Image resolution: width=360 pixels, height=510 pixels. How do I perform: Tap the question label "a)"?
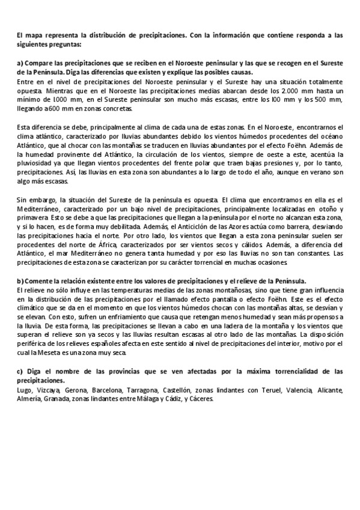click(x=20, y=63)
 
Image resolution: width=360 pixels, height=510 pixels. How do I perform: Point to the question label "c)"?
click(x=20, y=370)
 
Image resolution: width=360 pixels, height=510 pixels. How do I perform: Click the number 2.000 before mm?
click(x=293, y=90)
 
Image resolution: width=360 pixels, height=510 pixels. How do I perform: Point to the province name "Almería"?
click(x=29, y=399)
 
